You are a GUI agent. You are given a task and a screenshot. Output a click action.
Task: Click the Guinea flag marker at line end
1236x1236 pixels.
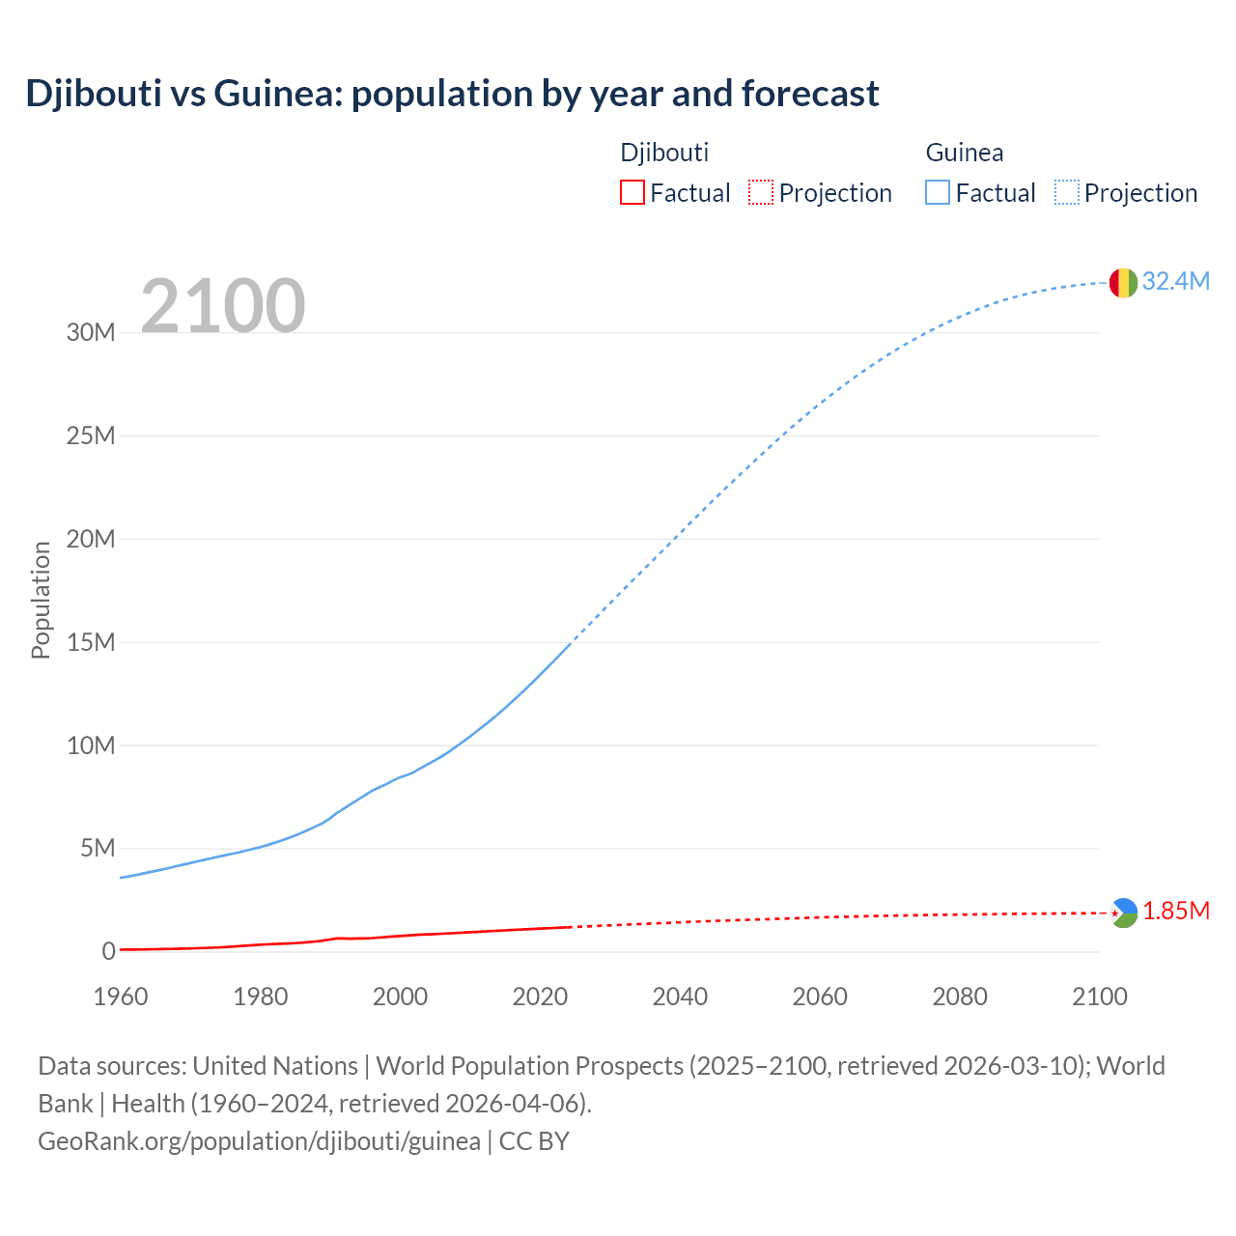(x=1123, y=283)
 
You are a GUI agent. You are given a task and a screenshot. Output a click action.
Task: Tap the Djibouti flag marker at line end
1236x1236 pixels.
(x=1123, y=913)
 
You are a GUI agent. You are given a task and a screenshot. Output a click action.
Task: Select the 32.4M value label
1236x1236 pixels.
(x=1175, y=281)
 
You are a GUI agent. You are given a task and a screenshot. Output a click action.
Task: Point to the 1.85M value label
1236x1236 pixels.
(x=1176, y=912)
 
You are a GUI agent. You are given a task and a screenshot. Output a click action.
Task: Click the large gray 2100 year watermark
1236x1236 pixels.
(x=223, y=306)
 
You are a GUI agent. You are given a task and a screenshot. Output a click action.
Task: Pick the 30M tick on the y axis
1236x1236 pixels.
(x=91, y=333)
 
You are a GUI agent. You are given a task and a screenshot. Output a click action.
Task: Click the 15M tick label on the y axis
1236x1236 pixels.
(x=91, y=642)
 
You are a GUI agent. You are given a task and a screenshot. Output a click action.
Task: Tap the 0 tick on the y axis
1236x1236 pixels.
(x=108, y=952)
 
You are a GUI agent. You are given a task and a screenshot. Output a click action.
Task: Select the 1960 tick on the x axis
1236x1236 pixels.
(x=121, y=997)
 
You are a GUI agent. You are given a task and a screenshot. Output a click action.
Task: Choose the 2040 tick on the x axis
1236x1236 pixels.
(x=680, y=997)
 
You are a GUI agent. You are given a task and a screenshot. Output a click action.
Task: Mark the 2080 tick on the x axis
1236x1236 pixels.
(x=960, y=997)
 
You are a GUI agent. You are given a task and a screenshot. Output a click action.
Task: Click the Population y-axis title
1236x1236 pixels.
(x=41, y=600)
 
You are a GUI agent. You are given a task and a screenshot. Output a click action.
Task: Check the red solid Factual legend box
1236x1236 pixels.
(x=632, y=192)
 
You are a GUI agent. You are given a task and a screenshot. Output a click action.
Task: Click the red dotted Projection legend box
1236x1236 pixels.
(x=761, y=192)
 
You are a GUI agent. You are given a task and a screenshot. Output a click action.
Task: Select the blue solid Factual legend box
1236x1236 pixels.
(x=937, y=192)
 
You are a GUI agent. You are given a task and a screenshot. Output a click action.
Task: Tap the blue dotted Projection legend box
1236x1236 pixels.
(x=1066, y=192)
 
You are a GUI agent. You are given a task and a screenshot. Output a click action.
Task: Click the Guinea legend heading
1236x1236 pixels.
(x=964, y=153)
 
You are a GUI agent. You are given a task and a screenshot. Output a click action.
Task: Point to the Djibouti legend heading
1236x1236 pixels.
(x=664, y=153)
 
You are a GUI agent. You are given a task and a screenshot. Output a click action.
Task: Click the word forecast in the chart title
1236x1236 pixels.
(x=810, y=94)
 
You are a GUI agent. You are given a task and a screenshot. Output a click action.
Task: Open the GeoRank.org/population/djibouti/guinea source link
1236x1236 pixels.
(x=259, y=1141)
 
